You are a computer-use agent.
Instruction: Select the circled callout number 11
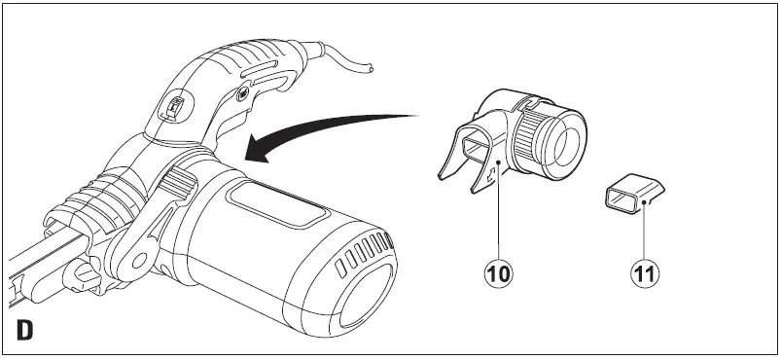643,271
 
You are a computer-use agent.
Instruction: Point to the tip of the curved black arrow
249,155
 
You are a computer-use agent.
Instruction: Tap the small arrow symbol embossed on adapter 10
492,176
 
